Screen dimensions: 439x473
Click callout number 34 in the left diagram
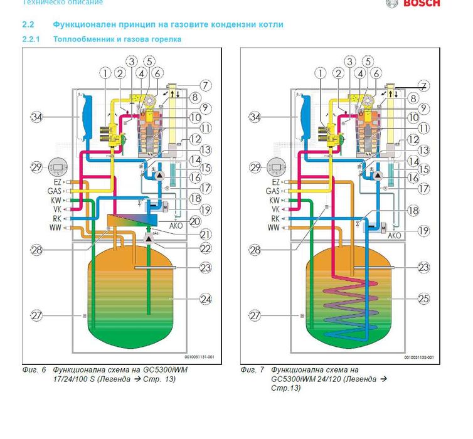(x=36, y=117)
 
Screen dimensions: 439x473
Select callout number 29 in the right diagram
(x=255, y=167)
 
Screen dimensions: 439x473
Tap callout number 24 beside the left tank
(x=205, y=299)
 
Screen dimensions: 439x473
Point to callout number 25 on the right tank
(x=423, y=299)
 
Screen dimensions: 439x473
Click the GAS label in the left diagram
(x=55, y=191)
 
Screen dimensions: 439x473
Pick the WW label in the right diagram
(x=274, y=228)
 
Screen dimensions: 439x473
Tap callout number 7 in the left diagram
(x=205, y=86)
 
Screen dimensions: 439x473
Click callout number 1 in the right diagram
(x=322, y=73)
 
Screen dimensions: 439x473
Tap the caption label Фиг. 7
(x=252, y=370)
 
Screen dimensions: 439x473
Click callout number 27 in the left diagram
(x=36, y=315)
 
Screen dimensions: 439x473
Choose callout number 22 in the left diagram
(x=205, y=249)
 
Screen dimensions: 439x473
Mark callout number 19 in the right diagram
(x=423, y=231)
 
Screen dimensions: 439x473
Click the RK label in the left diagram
(x=57, y=219)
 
